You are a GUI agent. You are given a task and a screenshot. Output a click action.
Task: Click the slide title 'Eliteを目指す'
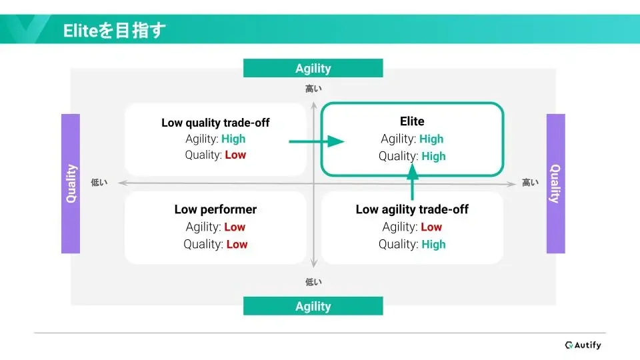click(x=114, y=31)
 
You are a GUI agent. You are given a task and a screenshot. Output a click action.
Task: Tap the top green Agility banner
click(x=313, y=68)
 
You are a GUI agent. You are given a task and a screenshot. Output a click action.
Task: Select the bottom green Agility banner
click(x=313, y=306)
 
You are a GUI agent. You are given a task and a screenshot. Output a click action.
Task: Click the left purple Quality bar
click(x=71, y=184)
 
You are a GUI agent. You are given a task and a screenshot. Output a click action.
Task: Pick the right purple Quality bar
click(x=555, y=184)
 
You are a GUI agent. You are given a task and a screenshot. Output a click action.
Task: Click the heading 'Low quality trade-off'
click(x=215, y=123)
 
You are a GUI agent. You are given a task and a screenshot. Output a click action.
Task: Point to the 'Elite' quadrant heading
click(x=412, y=121)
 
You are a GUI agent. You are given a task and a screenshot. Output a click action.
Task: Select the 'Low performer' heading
click(x=215, y=209)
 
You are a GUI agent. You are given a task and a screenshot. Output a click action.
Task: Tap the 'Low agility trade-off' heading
click(x=412, y=209)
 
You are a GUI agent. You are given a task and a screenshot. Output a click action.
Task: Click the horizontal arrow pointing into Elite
click(x=316, y=141)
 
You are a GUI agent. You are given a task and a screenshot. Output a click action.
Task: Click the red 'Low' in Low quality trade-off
click(x=235, y=155)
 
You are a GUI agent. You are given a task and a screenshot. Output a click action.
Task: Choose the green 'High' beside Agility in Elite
click(x=431, y=139)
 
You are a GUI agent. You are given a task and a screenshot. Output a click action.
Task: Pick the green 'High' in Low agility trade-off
click(x=433, y=244)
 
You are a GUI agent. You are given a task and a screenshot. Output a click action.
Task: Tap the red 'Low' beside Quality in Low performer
click(x=237, y=244)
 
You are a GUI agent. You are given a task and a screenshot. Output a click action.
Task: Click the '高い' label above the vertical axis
click(x=313, y=89)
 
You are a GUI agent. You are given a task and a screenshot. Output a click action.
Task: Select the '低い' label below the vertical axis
click(x=313, y=282)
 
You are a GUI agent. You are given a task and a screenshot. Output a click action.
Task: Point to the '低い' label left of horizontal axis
click(x=99, y=183)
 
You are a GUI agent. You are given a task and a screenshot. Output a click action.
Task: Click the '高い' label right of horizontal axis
click(x=530, y=183)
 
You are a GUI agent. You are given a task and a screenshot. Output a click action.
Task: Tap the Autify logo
click(x=583, y=345)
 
